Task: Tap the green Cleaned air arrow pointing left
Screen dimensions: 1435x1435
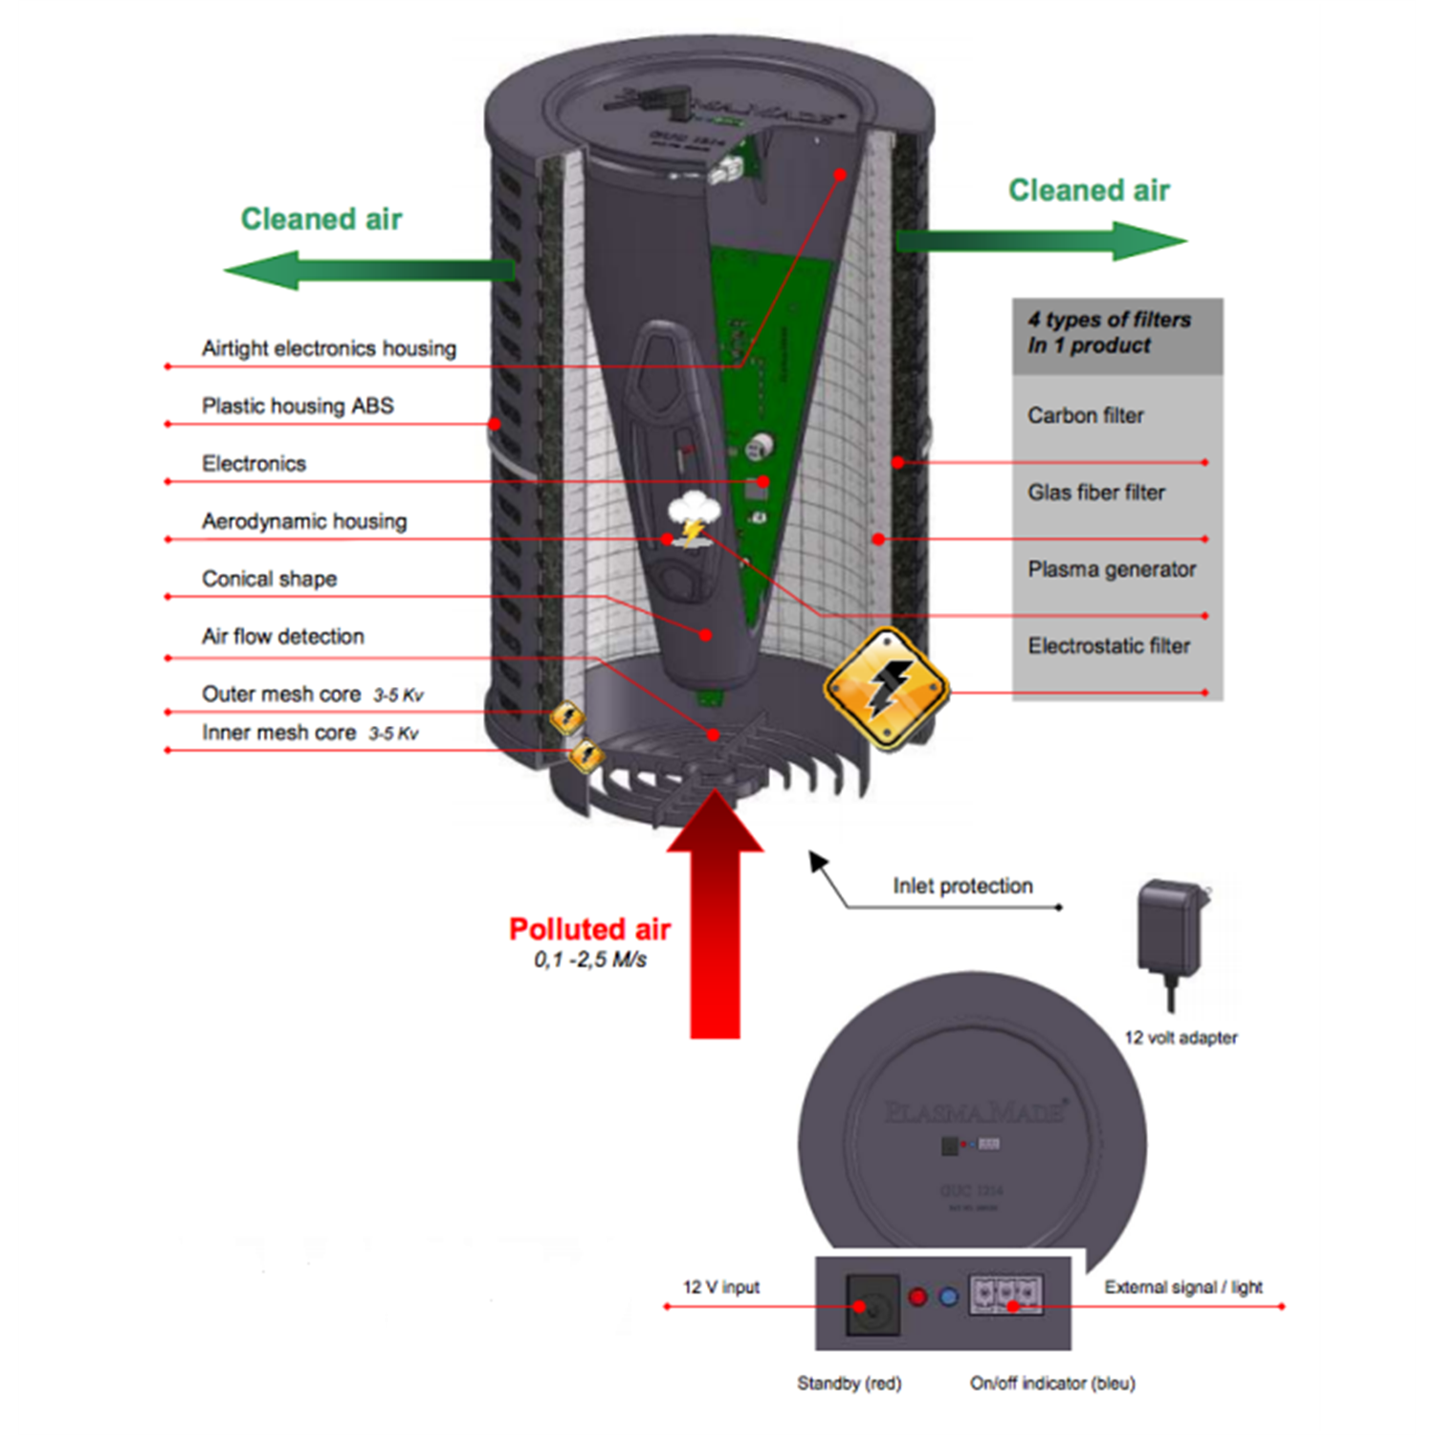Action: click(x=368, y=270)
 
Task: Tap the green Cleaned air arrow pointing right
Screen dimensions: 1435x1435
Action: click(x=1043, y=240)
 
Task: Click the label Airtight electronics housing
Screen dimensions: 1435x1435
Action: click(x=328, y=348)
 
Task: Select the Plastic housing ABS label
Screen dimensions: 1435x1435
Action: click(x=297, y=406)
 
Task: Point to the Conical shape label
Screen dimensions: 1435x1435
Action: click(x=269, y=579)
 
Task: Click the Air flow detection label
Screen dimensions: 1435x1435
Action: click(x=282, y=636)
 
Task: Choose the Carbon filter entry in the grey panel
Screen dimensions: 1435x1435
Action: click(x=1085, y=415)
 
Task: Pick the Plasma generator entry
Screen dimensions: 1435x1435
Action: click(x=1111, y=569)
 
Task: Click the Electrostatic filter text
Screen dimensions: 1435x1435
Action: click(x=1108, y=646)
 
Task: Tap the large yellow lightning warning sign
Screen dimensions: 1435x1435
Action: click(x=886, y=688)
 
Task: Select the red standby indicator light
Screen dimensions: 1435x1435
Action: click(x=917, y=1297)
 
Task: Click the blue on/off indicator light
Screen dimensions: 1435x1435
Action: click(x=948, y=1297)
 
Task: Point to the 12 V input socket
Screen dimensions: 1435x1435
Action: click(x=872, y=1304)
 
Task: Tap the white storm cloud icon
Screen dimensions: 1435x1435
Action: click(x=694, y=514)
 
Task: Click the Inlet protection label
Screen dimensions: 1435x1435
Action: click(x=962, y=886)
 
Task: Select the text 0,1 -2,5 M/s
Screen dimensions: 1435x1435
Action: click(x=589, y=960)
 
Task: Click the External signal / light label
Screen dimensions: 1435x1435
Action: click(x=1182, y=1287)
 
